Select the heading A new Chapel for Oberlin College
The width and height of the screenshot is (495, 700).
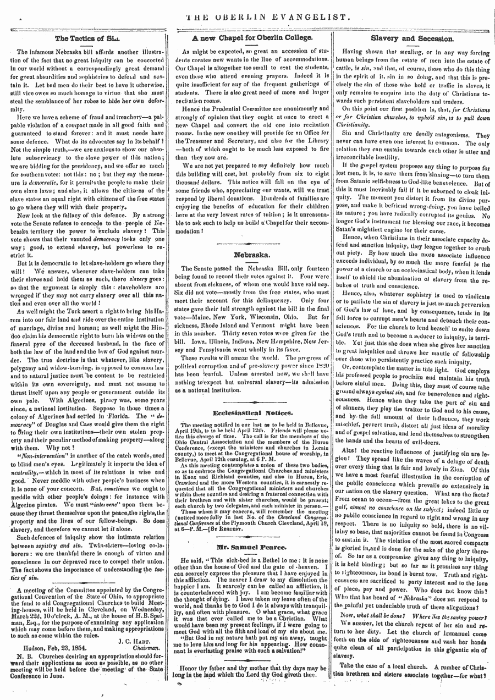pyautogui.click(x=251, y=38)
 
